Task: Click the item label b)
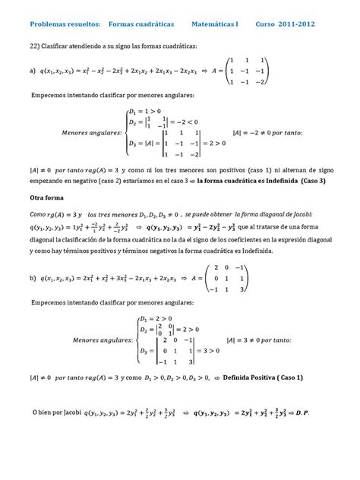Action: coord(31,278)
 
